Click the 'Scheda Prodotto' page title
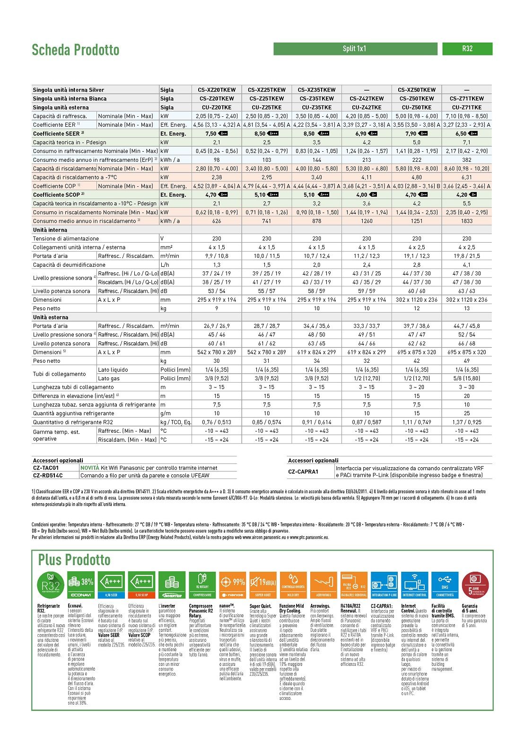[75, 50]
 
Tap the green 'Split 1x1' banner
[355, 49]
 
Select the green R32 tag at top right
[467, 49]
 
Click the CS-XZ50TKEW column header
[416, 89]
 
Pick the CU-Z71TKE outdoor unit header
[466, 107]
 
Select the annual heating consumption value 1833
[466, 221]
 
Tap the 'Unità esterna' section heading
[51, 317]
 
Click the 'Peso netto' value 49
[466, 361]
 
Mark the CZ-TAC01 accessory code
[46, 468]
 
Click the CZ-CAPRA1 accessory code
[303, 471]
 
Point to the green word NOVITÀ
[90, 468]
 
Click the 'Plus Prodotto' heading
[74, 560]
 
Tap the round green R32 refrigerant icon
[50, 585]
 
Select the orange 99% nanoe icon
[233, 585]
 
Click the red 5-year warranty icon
[475, 585]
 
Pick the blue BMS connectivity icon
[445, 585]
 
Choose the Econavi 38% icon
[80, 585]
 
